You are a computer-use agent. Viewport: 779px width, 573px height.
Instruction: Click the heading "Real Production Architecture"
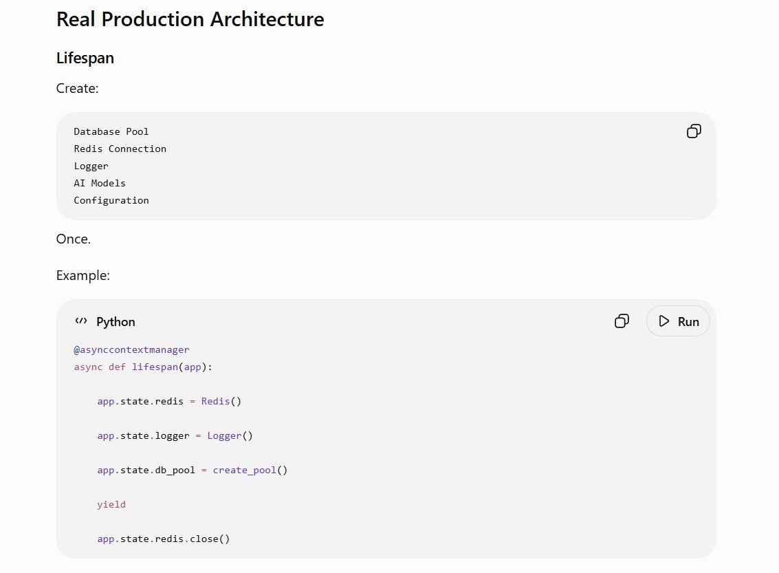190,19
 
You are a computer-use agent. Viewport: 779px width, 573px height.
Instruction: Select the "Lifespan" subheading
85,58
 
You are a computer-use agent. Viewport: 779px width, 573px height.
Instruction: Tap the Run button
678,321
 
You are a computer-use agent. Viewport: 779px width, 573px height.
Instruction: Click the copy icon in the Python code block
622,321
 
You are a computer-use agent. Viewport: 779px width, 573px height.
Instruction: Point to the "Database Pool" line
111,131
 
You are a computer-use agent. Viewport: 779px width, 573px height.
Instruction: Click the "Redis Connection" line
120,149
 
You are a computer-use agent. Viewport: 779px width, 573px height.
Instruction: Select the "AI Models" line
100,184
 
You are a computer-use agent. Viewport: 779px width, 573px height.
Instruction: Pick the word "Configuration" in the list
111,201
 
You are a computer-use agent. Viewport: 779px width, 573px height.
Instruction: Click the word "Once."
74,239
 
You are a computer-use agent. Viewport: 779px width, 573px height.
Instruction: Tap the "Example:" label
83,275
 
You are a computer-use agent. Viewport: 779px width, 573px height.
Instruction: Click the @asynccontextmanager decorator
131,350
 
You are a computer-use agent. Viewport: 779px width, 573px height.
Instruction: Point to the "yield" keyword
111,504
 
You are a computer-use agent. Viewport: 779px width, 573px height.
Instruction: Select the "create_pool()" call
250,470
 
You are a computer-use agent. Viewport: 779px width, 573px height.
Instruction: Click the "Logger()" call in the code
230,436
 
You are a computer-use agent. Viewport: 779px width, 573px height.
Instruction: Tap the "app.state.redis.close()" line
164,539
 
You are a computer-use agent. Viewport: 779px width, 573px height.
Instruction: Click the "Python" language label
116,322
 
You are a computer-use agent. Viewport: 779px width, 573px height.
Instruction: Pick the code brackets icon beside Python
81,321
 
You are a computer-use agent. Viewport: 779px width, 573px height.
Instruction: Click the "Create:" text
78,89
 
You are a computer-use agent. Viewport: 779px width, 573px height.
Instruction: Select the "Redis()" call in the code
221,402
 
